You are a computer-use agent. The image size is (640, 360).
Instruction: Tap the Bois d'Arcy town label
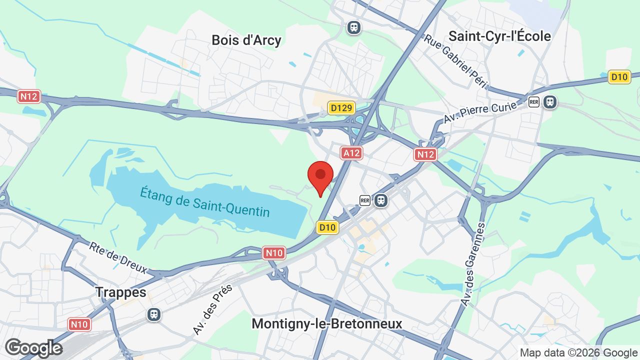(x=246, y=40)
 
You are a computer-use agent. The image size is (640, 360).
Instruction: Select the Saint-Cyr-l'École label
(x=499, y=36)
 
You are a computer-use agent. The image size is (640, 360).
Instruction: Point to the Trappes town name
(x=121, y=292)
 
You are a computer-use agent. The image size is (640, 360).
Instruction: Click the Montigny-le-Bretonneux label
(x=326, y=323)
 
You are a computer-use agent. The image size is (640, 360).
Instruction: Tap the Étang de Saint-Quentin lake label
(x=205, y=201)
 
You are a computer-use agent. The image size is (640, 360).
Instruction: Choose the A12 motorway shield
(x=351, y=153)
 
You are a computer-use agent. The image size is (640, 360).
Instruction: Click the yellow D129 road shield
(x=341, y=107)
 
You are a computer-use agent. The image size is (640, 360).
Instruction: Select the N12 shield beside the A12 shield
(x=425, y=154)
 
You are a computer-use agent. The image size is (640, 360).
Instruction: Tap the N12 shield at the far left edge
(x=28, y=96)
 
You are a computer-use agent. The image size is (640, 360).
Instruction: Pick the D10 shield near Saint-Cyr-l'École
(x=619, y=77)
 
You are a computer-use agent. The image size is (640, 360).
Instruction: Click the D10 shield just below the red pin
(x=327, y=227)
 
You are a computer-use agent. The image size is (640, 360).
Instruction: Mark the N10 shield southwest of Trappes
(x=79, y=324)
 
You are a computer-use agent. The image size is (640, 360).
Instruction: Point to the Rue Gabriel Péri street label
(x=455, y=61)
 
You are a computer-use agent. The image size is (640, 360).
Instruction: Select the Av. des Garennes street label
(x=473, y=263)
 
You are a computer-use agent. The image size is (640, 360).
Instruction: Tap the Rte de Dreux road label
(x=118, y=258)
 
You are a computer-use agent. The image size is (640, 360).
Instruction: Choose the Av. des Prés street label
(x=213, y=309)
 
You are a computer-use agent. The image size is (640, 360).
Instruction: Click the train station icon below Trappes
(x=154, y=314)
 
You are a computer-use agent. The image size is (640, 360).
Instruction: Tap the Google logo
(x=34, y=348)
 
